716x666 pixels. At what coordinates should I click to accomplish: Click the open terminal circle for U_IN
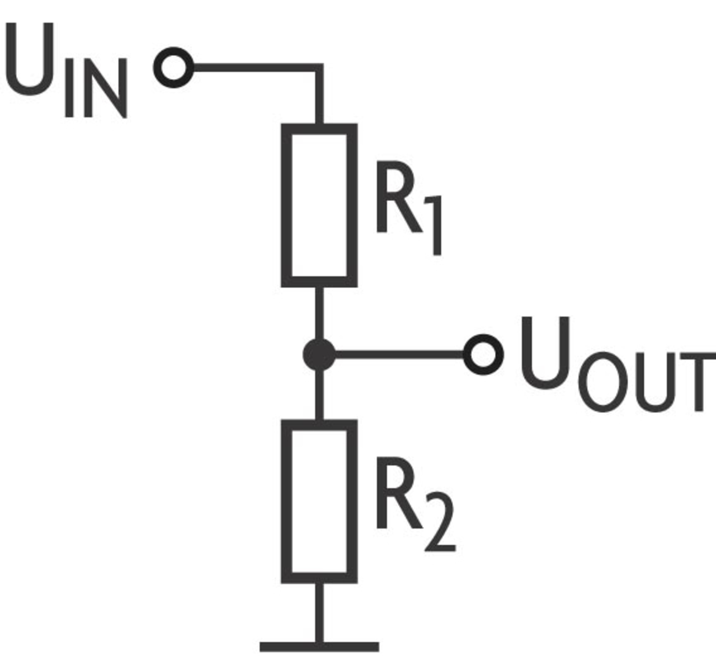coord(173,68)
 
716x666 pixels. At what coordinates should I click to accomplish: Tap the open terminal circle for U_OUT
coord(483,354)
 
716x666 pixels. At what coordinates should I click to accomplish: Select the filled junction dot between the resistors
coord(319,354)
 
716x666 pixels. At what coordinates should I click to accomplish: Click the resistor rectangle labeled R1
coord(319,205)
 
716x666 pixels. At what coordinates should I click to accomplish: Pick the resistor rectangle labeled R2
coord(319,501)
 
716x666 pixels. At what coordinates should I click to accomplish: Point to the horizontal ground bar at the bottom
coord(319,647)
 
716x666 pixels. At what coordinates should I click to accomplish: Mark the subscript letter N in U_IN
coord(106,90)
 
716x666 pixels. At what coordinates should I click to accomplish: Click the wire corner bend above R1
coord(319,68)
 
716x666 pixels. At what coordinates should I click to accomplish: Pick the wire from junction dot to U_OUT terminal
coord(400,354)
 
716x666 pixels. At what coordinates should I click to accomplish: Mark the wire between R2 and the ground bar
coord(319,613)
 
